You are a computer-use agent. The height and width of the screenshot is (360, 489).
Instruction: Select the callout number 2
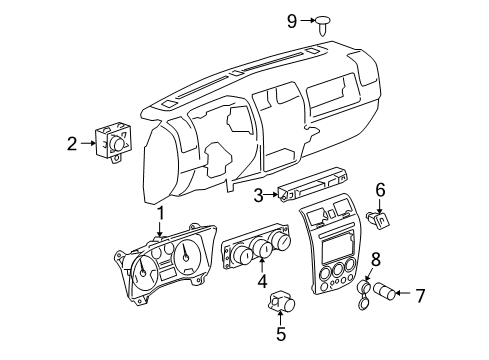tap(72, 144)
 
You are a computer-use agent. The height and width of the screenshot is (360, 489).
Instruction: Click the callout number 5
tap(281, 335)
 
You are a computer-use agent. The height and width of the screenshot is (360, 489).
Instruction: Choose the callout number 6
tap(380, 189)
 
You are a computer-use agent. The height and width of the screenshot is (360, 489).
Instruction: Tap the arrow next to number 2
tap(88, 144)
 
